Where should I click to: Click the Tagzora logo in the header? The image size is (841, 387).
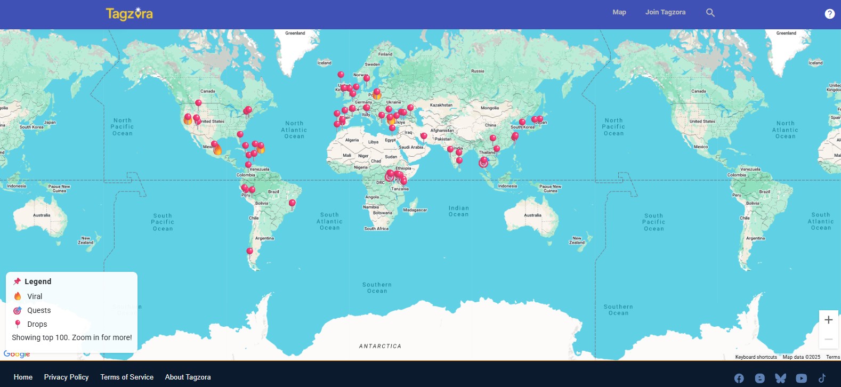[130, 13]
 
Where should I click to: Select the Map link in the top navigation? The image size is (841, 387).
[619, 12]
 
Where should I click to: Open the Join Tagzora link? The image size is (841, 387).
[665, 12]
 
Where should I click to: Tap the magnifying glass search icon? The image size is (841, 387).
[710, 13]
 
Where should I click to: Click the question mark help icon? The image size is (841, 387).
[829, 14]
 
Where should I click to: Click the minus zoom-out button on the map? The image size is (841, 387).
[828, 340]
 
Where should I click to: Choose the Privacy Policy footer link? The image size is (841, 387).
[67, 377]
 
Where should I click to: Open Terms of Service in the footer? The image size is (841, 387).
[127, 377]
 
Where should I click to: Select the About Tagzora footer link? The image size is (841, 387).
[188, 377]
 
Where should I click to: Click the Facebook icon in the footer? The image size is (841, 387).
[739, 378]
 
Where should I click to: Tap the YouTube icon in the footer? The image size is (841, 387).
[801, 378]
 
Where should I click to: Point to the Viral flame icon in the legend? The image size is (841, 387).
[18, 296]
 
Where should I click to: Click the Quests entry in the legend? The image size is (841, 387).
[39, 310]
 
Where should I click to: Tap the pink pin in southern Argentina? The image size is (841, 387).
[249, 252]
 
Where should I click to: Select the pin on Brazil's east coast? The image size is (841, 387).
[292, 203]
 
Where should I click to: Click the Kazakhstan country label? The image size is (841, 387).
[441, 105]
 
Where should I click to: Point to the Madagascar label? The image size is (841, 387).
[415, 210]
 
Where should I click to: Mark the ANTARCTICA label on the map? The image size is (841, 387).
[380, 346]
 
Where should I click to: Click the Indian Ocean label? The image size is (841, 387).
[458, 211]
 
